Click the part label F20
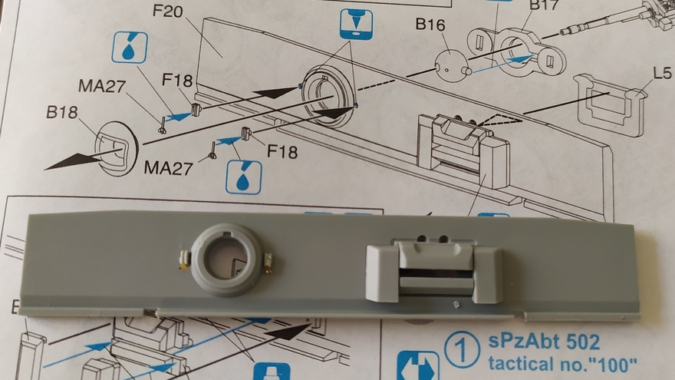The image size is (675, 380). click(168, 11)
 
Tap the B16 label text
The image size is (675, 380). click(431, 25)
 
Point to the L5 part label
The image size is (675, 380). click(662, 74)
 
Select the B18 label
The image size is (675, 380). click(62, 112)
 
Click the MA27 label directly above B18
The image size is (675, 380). click(102, 86)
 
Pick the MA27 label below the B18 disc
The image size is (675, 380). click(168, 167)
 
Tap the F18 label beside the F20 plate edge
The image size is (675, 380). click(177, 80)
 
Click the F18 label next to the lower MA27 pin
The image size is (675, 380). click(282, 151)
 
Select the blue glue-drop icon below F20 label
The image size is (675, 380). click(130, 48)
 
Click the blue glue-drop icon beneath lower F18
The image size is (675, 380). click(244, 177)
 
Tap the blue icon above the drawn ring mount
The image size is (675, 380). click(356, 24)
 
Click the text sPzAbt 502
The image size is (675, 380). click(544, 342)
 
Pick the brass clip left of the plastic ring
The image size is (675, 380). click(184, 261)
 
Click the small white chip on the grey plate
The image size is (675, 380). click(454, 305)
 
